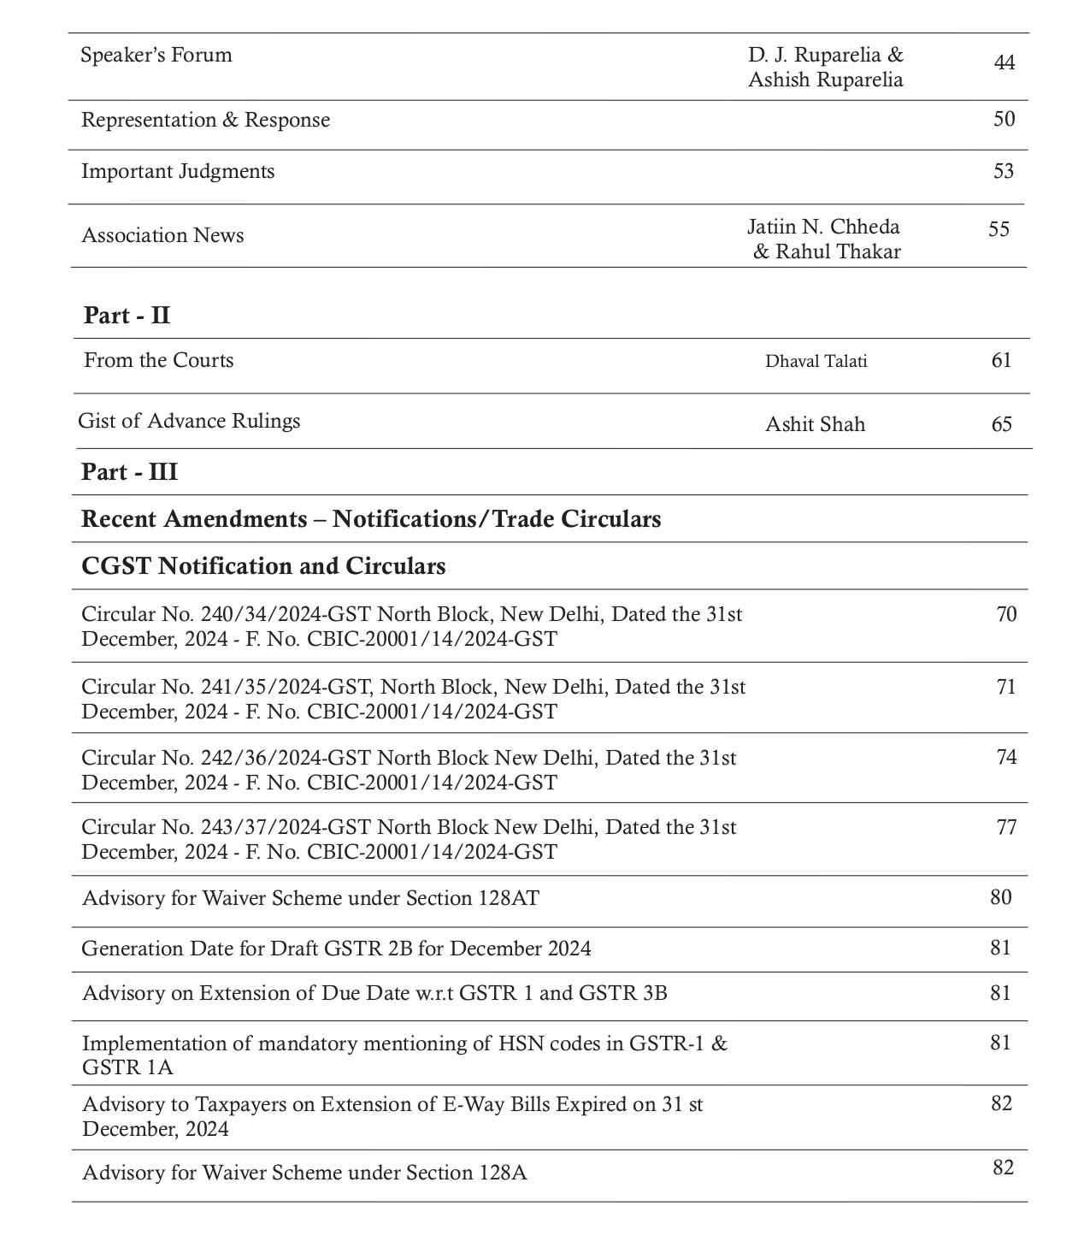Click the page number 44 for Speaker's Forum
(x=1005, y=63)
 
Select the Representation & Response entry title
(x=205, y=120)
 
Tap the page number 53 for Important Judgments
(x=1004, y=171)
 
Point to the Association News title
(x=162, y=235)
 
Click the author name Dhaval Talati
(x=816, y=361)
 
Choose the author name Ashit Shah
(x=815, y=424)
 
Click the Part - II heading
(x=127, y=316)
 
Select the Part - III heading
(x=129, y=472)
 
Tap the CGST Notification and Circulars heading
(x=263, y=566)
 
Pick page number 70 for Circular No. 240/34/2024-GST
(x=1006, y=614)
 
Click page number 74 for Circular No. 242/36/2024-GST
(x=1006, y=757)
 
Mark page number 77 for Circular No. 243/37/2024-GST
(x=1006, y=827)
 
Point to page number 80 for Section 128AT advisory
(x=1001, y=897)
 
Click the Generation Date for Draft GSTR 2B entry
(x=336, y=949)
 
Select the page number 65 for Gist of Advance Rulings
(x=1002, y=424)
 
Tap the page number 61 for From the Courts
(x=1002, y=360)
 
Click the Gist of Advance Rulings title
(x=189, y=421)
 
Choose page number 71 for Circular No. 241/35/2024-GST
(x=1006, y=687)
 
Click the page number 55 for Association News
(x=999, y=229)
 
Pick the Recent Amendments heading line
(x=371, y=519)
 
